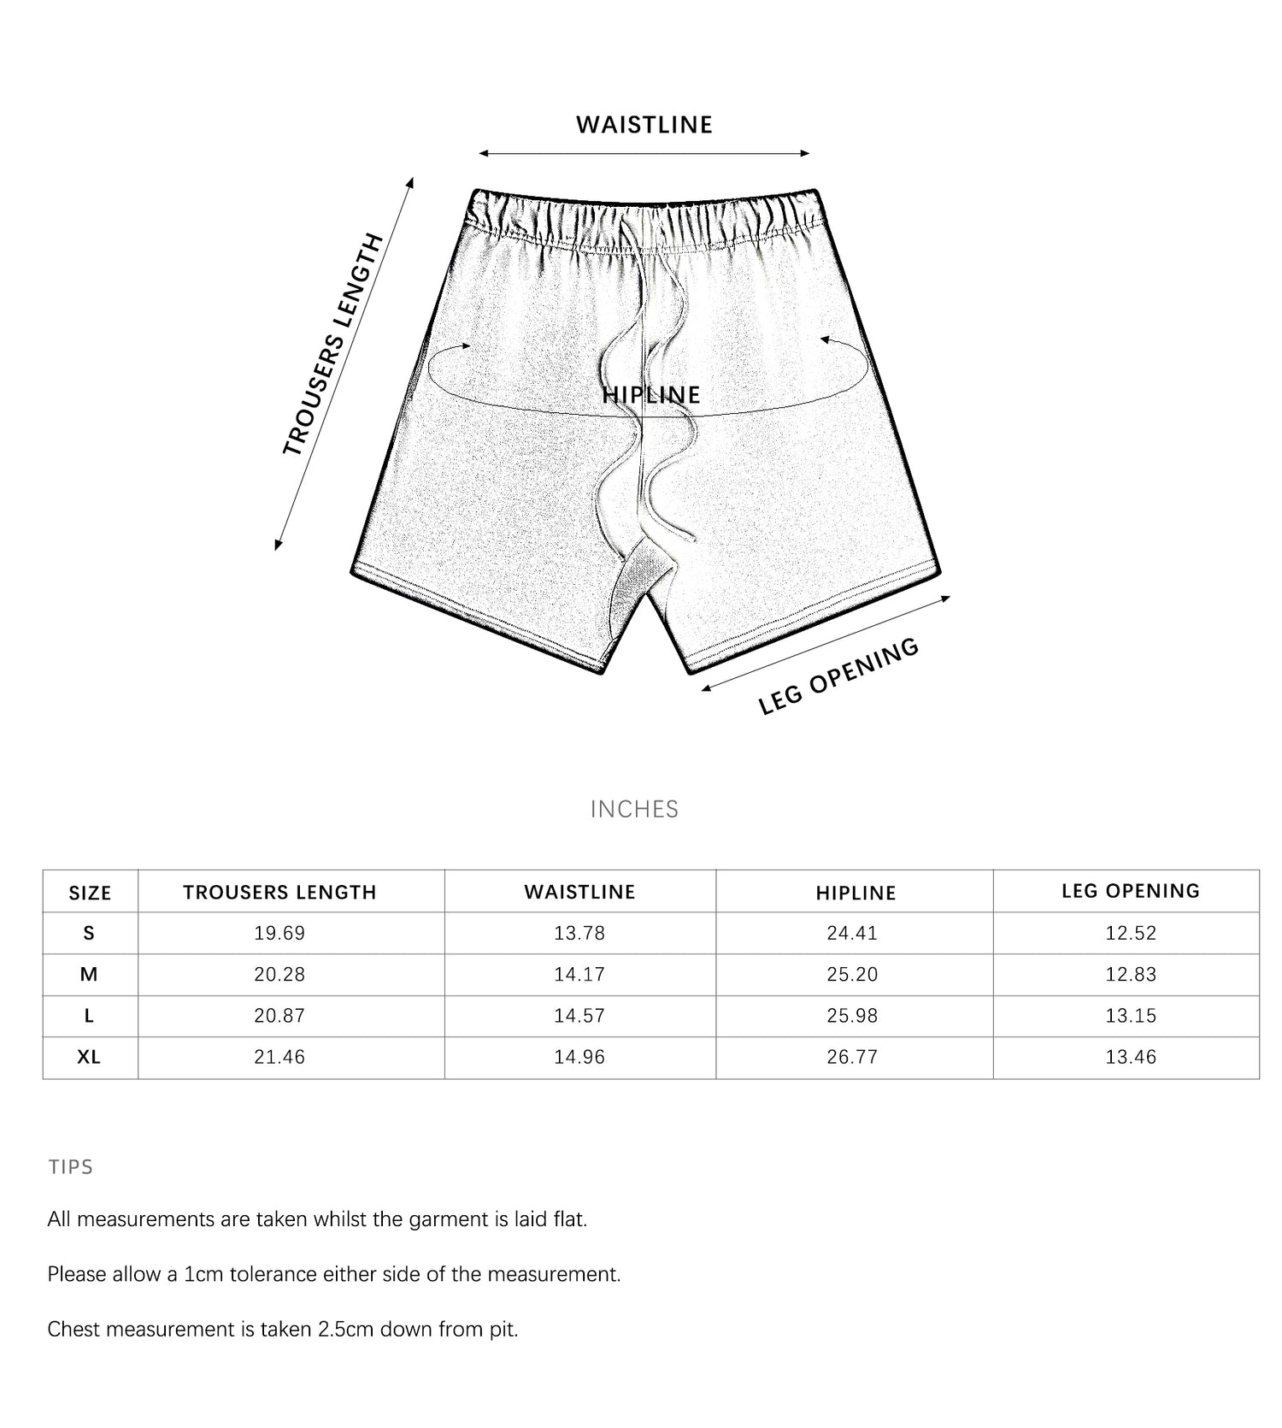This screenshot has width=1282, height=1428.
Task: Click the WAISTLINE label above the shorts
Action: point(644,125)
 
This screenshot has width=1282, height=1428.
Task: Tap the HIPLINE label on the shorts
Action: point(651,395)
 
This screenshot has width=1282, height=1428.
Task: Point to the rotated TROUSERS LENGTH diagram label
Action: point(332,344)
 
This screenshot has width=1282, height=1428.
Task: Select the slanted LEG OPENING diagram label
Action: point(838,676)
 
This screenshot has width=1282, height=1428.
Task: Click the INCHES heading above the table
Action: point(634,809)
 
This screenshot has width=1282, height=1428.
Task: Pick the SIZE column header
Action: point(90,893)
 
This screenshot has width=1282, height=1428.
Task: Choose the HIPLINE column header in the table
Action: point(856,893)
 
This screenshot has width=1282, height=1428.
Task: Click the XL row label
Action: point(89,1057)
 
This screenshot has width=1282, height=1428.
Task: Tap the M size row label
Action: point(89,974)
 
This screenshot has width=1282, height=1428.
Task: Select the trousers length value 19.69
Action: point(279,933)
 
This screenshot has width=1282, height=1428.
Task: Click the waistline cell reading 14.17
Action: point(579,974)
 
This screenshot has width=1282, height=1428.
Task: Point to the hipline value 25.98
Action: point(852,1016)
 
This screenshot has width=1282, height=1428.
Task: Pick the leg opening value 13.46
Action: point(1131,1057)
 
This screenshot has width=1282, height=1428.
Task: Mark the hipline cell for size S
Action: point(852,933)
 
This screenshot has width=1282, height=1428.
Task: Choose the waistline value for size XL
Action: point(579,1057)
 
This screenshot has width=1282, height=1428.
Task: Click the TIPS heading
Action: point(71,1167)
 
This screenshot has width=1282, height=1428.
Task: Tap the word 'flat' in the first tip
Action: point(568,1219)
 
